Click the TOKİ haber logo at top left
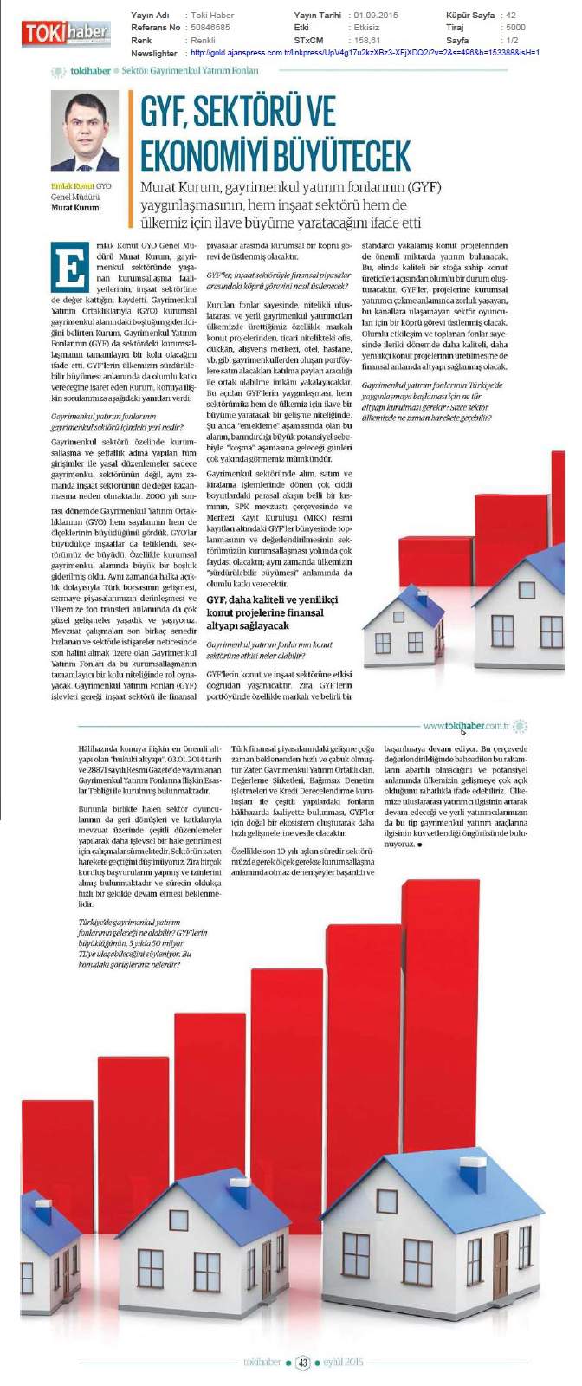[66, 33]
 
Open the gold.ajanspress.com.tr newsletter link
[364, 53]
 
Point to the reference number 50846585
[210, 28]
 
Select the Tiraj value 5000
[515, 28]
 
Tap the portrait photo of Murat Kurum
[84, 130]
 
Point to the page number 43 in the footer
[302, 1363]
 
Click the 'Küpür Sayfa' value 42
[511, 16]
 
